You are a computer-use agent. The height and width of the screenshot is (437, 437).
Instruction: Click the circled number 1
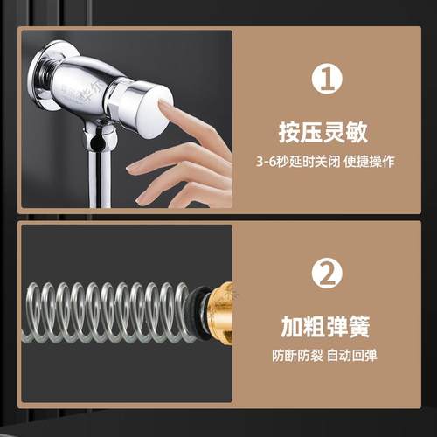click(325, 81)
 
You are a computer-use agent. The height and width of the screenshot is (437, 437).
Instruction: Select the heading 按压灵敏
click(325, 134)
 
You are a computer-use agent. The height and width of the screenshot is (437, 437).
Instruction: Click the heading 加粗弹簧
click(325, 328)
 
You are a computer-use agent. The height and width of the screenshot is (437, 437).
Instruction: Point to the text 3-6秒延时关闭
click(293, 163)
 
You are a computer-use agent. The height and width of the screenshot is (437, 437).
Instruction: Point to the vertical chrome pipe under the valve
click(104, 179)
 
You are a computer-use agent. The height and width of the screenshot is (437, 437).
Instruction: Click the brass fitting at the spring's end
click(220, 310)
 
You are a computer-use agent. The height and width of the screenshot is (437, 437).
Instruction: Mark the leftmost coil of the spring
click(33, 312)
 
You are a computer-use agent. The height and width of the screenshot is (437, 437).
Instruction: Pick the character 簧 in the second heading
click(358, 328)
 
